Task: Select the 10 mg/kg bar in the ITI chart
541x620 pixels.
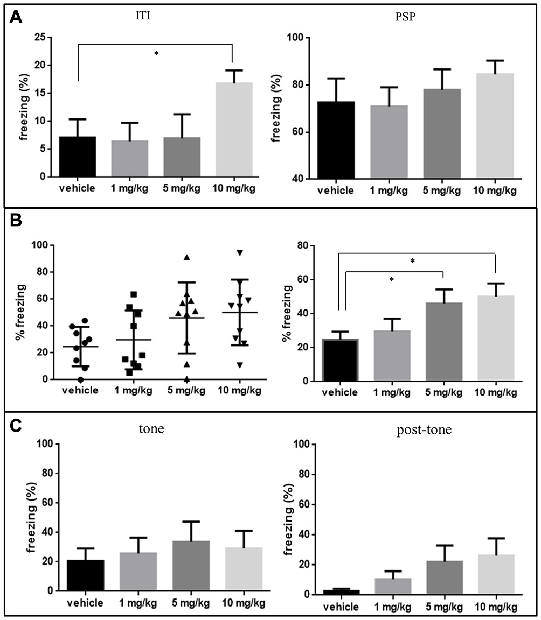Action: click(x=234, y=129)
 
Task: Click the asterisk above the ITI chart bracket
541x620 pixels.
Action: click(x=156, y=54)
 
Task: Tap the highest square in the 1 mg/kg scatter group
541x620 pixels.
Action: click(x=134, y=294)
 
